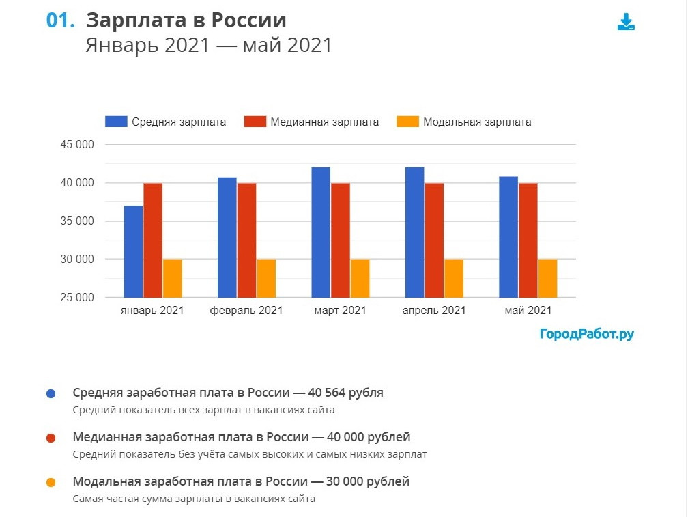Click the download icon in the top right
626,22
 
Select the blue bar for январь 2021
134,251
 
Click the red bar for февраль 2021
247,240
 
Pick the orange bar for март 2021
360,278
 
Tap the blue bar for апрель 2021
414,232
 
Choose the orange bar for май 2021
547,278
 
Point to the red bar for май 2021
528,240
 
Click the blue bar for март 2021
321,232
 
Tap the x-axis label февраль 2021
246,310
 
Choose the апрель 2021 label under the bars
434,310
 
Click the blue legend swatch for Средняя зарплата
116,122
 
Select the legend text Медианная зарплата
324,122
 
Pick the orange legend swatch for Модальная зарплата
408,122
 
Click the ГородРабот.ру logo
586,334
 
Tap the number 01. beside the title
60,20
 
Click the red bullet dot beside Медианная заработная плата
51,438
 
